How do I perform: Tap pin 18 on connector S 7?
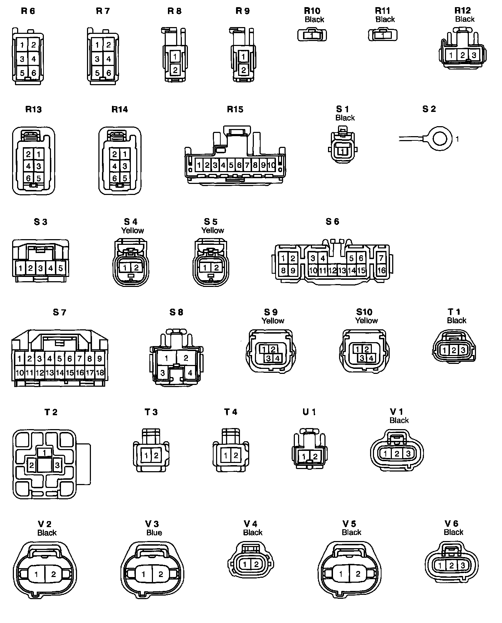click(100, 373)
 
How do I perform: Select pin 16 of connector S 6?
click(381, 270)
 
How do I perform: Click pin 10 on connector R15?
click(271, 165)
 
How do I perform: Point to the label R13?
click(34, 109)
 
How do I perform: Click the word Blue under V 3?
click(154, 532)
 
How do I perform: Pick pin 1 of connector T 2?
click(44, 453)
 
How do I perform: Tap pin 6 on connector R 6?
click(34, 73)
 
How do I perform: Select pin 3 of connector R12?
click(474, 55)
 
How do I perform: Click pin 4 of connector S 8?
click(190, 373)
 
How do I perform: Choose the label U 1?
click(309, 412)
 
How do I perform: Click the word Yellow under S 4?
click(132, 230)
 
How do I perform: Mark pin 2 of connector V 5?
click(358, 574)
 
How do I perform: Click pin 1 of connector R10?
click(312, 35)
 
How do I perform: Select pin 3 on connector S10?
click(362, 358)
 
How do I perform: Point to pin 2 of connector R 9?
click(244, 69)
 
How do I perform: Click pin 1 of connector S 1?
click(343, 151)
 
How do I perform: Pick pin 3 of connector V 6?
click(462, 565)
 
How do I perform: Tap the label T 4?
click(231, 412)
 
